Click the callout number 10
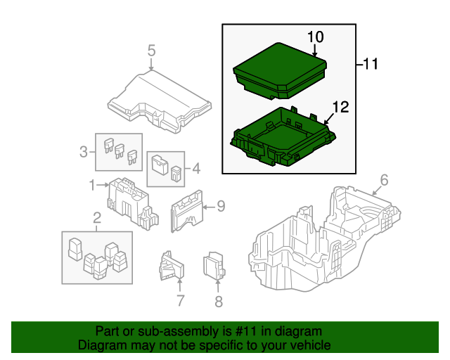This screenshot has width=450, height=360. [314, 36]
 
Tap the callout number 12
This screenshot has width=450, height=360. [340, 108]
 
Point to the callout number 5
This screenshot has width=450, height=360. [151, 50]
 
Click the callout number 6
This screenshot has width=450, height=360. [384, 179]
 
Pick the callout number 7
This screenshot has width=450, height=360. [180, 302]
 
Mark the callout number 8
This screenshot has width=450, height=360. [218, 302]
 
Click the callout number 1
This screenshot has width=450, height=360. [91, 185]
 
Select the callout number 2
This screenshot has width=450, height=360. [96, 224]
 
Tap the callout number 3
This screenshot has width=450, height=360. [83, 151]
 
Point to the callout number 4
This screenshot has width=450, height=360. [196, 169]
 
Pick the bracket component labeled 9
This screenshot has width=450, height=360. [186, 209]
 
